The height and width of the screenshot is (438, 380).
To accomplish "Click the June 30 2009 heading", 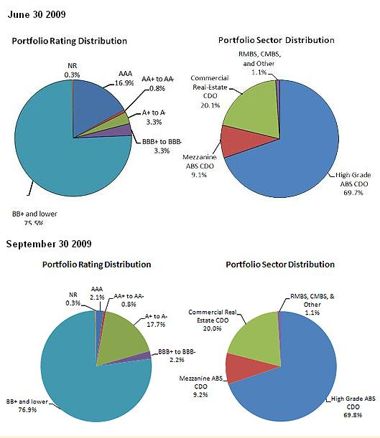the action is point(37,14).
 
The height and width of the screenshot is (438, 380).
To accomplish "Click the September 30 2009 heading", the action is point(49,244).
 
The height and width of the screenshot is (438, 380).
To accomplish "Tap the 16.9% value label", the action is point(124,83).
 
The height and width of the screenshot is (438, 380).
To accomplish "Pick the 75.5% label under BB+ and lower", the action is point(34,223).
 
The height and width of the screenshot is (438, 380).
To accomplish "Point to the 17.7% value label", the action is point(156,324).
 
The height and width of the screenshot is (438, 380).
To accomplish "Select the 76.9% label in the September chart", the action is point(27,409).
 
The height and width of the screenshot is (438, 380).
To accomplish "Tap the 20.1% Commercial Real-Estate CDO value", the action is point(210,105).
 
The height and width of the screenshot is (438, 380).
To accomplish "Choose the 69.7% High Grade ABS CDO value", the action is point(353,192).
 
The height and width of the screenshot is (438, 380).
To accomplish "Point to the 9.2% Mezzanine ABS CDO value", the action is point(200,394).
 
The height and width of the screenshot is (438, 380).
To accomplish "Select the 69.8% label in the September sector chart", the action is point(353,415).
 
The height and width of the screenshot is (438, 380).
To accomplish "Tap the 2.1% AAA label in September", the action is point(97,297).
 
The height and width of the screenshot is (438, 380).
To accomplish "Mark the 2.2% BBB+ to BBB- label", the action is point(177,360).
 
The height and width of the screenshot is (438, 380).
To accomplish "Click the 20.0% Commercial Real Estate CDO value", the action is point(212,328).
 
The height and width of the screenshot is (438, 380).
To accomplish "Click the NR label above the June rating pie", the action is point(73,66).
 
